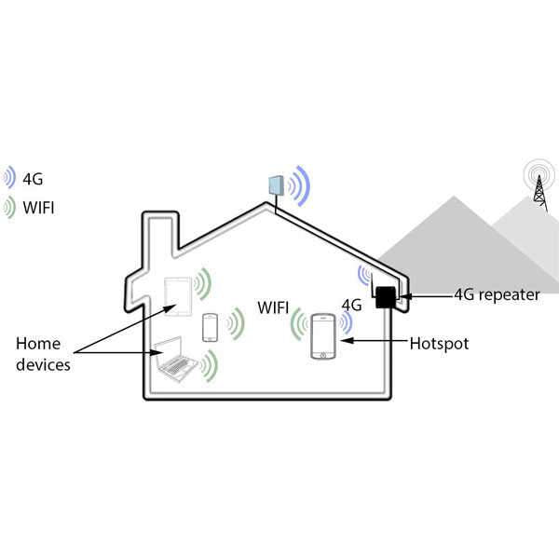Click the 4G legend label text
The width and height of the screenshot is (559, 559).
pyautogui.click(x=32, y=178)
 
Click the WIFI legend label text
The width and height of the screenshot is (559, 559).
pyautogui.click(x=38, y=207)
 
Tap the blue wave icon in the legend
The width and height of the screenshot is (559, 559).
pyautogui.click(x=9, y=178)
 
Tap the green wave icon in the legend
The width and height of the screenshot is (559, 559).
pyautogui.click(x=9, y=207)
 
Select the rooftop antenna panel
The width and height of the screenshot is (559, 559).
pyautogui.click(x=276, y=184)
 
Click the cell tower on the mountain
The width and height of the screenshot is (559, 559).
pyautogui.click(x=538, y=185)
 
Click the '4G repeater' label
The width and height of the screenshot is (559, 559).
pyautogui.click(x=496, y=294)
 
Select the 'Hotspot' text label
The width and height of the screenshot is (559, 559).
pyautogui.click(x=439, y=344)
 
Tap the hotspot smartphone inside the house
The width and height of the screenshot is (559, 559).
pyautogui.click(x=323, y=336)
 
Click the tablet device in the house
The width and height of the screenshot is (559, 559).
pyautogui.click(x=178, y=293)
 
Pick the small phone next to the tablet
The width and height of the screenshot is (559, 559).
pyautogui.click(x=210, y=327)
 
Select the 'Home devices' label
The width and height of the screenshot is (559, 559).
pyautogui.click(x=43, y=354)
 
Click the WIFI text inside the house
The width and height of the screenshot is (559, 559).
pyautogui.click(x=274, y=307)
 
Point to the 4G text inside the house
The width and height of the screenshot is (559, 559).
pyautogui.click(x=351, y=305)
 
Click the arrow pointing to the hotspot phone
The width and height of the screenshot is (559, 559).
pyautogui.click(x=373, y=344)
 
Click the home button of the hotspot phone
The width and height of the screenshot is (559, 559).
pyautogui.click(x=323, y=354)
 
